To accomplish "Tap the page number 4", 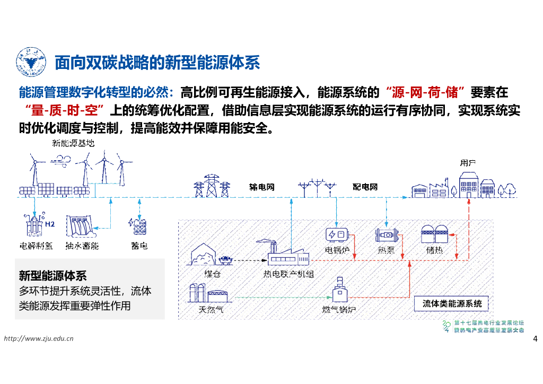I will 535,339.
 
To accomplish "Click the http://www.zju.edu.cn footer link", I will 39,339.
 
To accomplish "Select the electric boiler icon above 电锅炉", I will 337,234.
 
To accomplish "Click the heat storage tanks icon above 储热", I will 434,234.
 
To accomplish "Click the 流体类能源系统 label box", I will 452,304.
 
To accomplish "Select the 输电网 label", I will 261,187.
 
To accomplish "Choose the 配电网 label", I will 365,187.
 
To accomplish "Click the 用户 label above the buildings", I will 467,163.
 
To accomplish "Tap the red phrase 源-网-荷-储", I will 426,92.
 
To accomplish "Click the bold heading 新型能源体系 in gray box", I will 52,276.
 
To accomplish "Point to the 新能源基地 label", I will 74,143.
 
